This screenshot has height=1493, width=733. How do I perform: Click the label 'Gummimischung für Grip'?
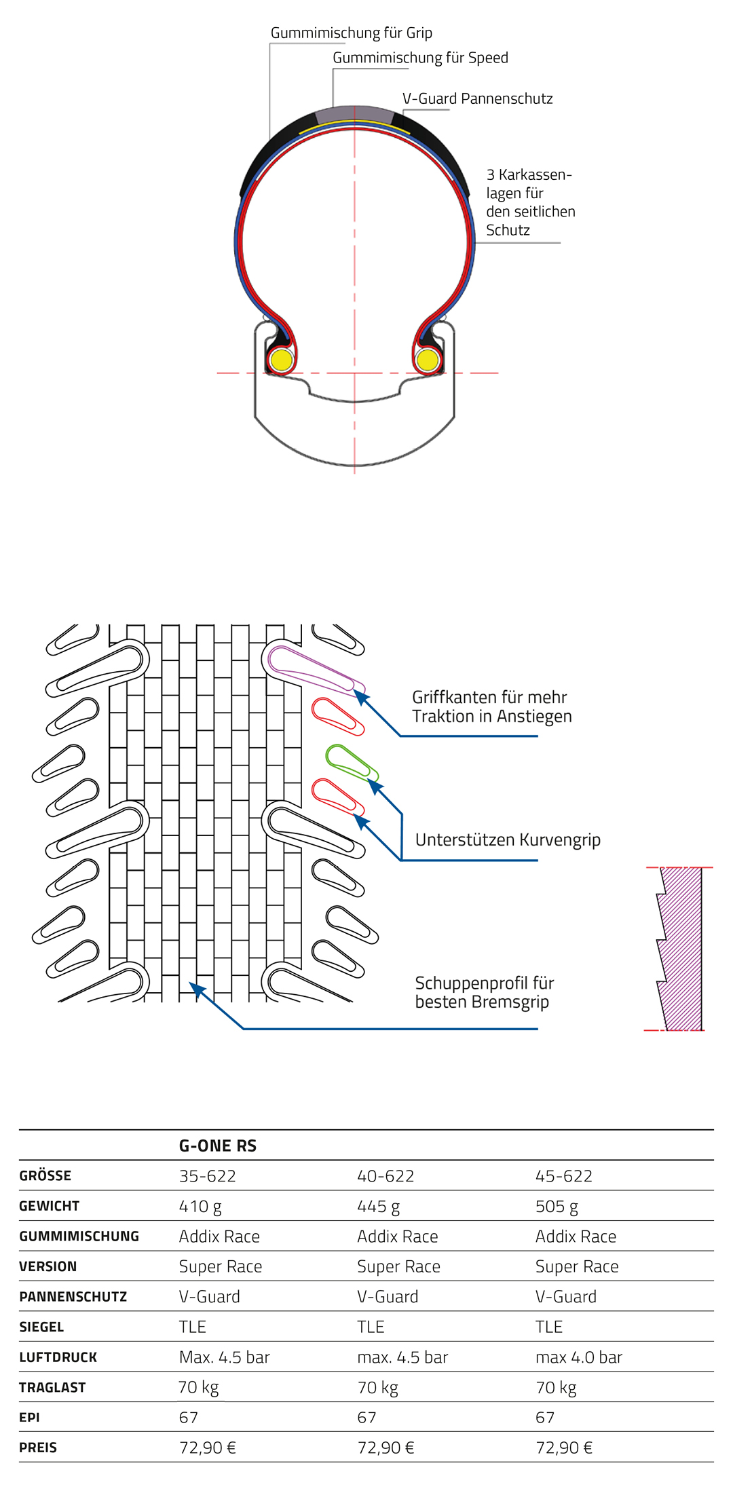click(351, 33)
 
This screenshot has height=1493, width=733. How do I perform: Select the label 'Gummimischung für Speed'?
click(420, 58)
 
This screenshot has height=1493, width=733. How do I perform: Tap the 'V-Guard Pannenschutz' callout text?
click(477, 99)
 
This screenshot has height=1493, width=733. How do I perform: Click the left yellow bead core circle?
click(281, 359)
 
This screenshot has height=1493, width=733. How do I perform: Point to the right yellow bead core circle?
click(428, 359)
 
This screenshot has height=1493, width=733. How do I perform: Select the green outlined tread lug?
click(351, 762)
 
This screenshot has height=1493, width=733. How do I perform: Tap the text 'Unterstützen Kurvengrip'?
click(508, 840)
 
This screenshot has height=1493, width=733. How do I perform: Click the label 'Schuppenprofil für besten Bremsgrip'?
click(484, 992)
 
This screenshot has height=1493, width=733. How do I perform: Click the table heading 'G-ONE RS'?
click(217, 1146)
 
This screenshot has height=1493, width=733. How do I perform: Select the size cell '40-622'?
click(386, 1176)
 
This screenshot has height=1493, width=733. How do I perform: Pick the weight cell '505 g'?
click(557, 1207)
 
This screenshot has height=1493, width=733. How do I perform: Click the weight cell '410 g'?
click(200, 1207)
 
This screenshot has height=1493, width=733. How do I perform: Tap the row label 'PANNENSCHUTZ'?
click(73, 1297)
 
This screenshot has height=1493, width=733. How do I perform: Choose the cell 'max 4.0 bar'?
click(578, 1357)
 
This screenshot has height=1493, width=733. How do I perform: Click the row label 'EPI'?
click(29, 1418)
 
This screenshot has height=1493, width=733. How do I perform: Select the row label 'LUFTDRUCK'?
click(58, 1357)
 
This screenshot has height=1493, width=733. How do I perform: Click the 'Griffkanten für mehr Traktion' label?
click(491, 706)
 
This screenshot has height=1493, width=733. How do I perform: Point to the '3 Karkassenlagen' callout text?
click(530, 202)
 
